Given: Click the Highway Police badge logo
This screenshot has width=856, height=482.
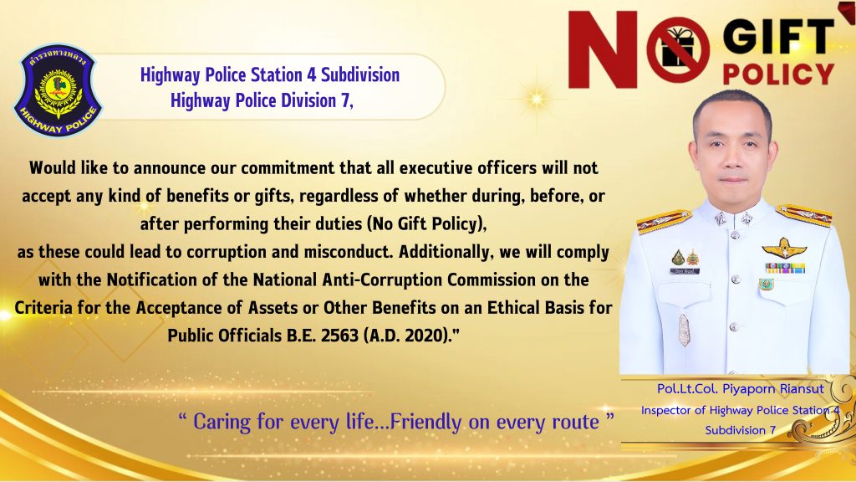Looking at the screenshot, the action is point(58,90).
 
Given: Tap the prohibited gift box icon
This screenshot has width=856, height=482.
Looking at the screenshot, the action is point(678,49).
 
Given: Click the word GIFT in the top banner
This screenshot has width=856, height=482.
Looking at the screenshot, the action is point(778,38).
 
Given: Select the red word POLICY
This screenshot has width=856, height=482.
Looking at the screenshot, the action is point(778,74).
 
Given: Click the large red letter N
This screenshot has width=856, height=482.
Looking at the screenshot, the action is point(603,49).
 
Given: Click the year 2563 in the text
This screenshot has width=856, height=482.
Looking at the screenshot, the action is point(339,335).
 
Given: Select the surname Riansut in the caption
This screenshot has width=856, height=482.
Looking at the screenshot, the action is point(802,389).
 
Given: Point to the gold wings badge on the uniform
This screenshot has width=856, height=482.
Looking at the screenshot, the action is point(784,248).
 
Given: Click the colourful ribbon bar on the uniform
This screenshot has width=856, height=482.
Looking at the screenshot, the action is point(785,268).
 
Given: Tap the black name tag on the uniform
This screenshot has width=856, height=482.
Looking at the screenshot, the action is point(685,271).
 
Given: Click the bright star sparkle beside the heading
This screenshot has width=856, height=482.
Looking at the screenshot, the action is point(538,99).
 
